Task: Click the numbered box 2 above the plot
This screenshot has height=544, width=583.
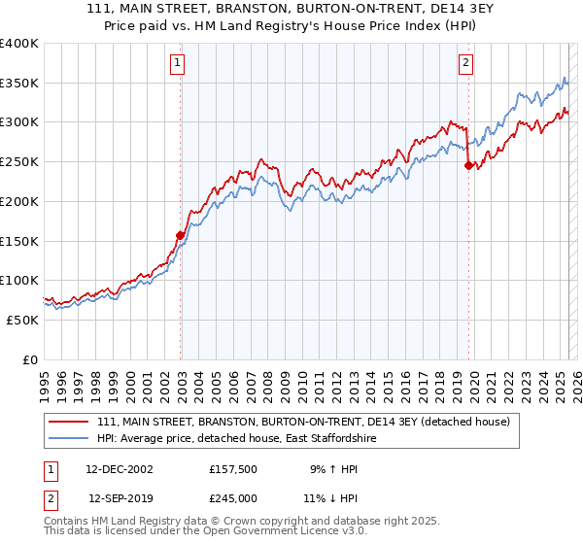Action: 466,64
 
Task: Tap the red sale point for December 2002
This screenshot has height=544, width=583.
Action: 180,234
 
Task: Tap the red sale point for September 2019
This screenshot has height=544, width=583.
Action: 468,165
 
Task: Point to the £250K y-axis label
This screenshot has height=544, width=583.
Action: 19,161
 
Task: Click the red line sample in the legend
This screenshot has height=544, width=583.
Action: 67,422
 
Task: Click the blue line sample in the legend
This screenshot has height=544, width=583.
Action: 67,439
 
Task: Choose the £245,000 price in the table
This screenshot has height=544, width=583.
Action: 234,497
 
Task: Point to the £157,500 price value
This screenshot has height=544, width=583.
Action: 234,468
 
